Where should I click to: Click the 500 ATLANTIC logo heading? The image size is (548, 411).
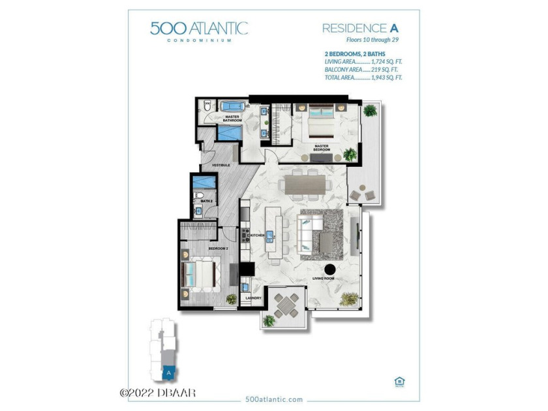[x=199, y=29]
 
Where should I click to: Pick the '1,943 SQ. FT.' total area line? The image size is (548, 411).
[x=363, y=77]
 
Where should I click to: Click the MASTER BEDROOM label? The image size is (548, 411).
[x=320, y=147]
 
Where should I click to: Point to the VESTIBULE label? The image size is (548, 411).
[x=220, y=165]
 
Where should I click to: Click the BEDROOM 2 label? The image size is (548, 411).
[x=217, y=249]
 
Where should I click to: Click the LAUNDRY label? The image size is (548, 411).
[x=253, y=298]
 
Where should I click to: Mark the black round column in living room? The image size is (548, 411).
[x=330, y=267]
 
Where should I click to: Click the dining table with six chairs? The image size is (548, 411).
[x=305, y=185]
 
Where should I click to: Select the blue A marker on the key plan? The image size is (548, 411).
[x=169, y=373]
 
